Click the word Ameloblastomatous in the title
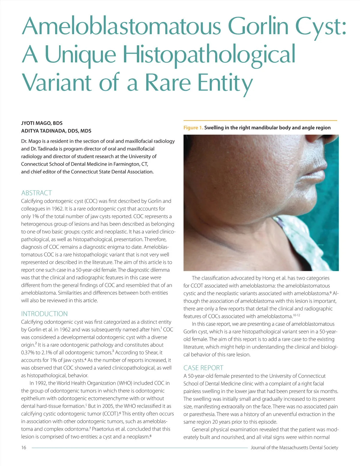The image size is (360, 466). click(x=121, y=26)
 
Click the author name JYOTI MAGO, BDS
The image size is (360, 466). click(x=42, y=123)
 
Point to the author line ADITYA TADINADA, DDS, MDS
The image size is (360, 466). click(x=56, y=131)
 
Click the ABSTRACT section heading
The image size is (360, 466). click(x=37, y=193)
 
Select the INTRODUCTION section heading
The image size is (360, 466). click(x=44, y=314)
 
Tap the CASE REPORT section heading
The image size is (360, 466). click(x=203, y=368)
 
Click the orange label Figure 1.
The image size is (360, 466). click(x=193, y=128)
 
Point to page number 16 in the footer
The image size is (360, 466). click(x=24, y=448)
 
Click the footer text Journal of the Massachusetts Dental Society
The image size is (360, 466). click(x=294, y=448)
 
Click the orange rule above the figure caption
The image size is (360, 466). click(x=260, y=120)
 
